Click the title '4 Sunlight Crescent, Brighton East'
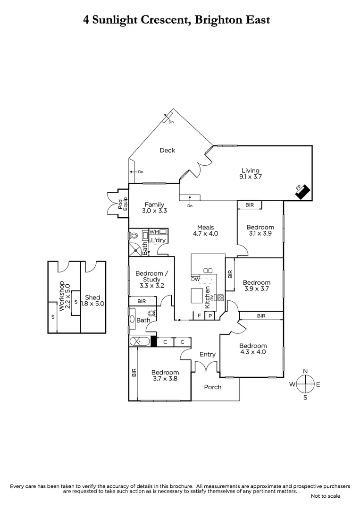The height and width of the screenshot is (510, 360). tap(176, 20)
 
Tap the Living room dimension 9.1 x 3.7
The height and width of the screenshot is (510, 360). tap(251, 177)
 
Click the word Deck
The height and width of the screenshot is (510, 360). tap(167, 150)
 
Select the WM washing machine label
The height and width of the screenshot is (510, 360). tap(154, 232)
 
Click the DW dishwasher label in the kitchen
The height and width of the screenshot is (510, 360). tap(195, 279)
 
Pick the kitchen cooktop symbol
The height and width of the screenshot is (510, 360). tap(219, 297)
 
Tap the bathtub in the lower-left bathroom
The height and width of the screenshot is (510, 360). tap(140, 341)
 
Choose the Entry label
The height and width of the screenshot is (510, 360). tap(208, 354)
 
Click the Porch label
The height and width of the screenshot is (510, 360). tap(212, 387)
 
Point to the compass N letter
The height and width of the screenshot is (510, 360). tap(305, 371)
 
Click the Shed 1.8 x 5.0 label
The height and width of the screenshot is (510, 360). tap(92, 300)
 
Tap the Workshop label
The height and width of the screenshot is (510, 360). tap(61, 295)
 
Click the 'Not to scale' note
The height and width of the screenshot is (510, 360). tap(326, 496)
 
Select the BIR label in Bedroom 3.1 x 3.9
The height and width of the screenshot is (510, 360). tap(250, 205)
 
